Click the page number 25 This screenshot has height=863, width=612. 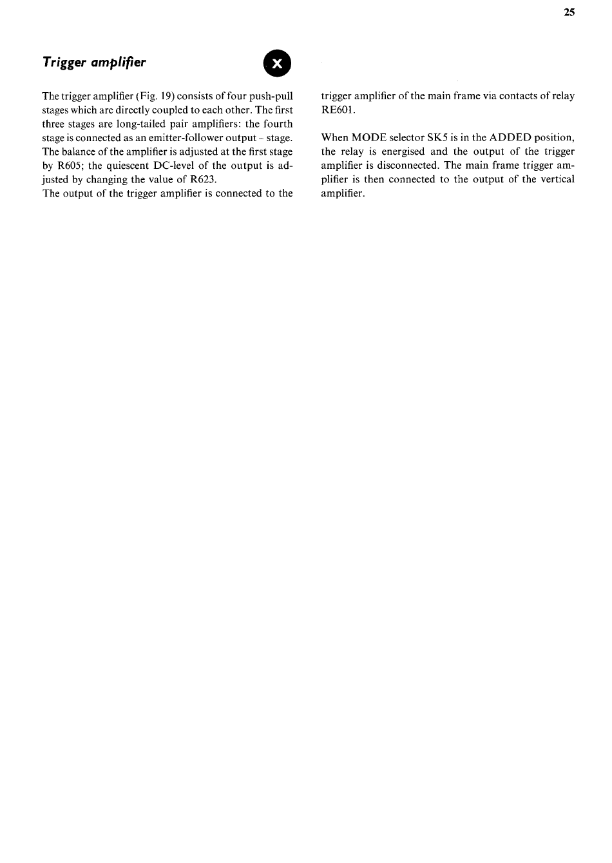tap(569, 12)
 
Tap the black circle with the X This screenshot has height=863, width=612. tap(277, 63)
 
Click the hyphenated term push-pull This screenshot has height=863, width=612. tap(271, 96)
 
